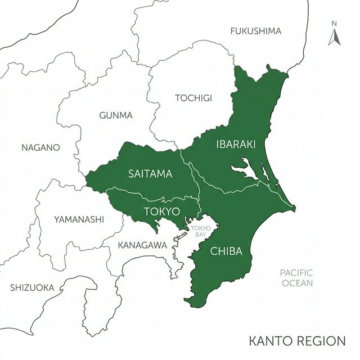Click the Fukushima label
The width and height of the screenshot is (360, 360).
coord(255,31)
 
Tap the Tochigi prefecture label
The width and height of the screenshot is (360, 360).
coord(193,98)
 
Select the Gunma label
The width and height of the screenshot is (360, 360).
coord(116,115)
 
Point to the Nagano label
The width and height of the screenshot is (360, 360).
coord(40,148)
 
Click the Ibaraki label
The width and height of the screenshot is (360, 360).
coord(236,145)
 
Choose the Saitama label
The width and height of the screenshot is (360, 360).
coord(150,174)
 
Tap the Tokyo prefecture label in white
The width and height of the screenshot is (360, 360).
coord(161,211)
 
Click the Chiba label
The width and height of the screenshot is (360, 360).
coord(226,251)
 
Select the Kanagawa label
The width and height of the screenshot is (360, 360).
coord(142,245)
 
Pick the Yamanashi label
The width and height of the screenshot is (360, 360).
coord(79,219)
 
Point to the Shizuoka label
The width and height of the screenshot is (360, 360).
coord(32,287)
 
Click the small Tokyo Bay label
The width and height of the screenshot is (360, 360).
coord(200,231)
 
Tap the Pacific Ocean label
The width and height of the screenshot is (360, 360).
coord(296,278)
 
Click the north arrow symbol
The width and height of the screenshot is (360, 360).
coord(334,37)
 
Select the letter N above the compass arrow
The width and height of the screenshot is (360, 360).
coord(334,24)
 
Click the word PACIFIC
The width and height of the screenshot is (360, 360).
coord(296,273)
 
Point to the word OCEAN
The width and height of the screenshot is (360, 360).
coord(297,283)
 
